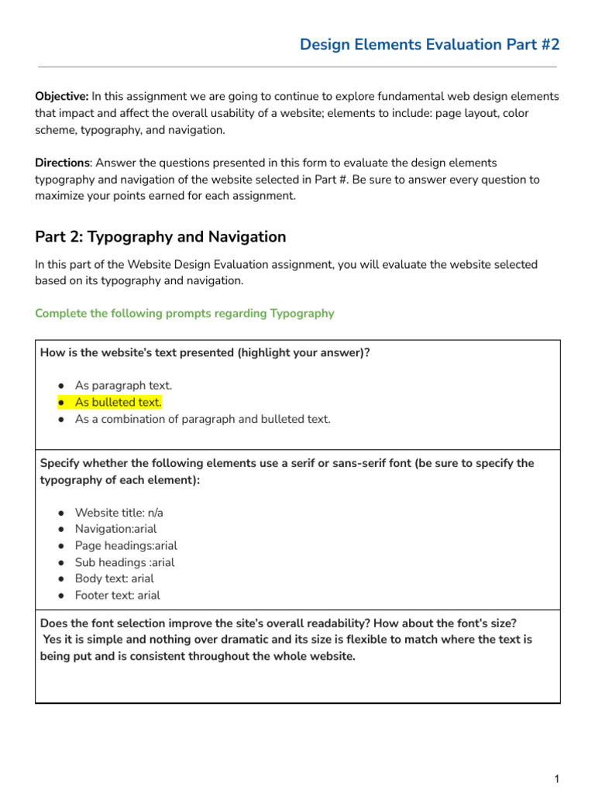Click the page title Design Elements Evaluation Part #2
tap(429, 45)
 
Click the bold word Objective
tap(60, 97)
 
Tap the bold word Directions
tap(62, 163)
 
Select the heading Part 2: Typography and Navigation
tap(160, 237)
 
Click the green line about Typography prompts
tap(184, 314)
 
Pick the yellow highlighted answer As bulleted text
tap(118, 403)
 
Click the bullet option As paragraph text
tap(123, 386)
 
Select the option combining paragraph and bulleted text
tap(202, 420)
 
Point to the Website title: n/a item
tap(119, 513)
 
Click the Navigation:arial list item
tap(115, 530)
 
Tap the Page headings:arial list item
tap(126, 546)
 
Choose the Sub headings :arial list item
tap(124, 563)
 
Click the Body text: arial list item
tap(114, 579)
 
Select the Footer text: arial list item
tap(117, 596)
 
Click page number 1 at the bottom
tap(556, 779)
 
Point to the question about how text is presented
tap(205, 353)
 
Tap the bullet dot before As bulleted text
tap(60, 403)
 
